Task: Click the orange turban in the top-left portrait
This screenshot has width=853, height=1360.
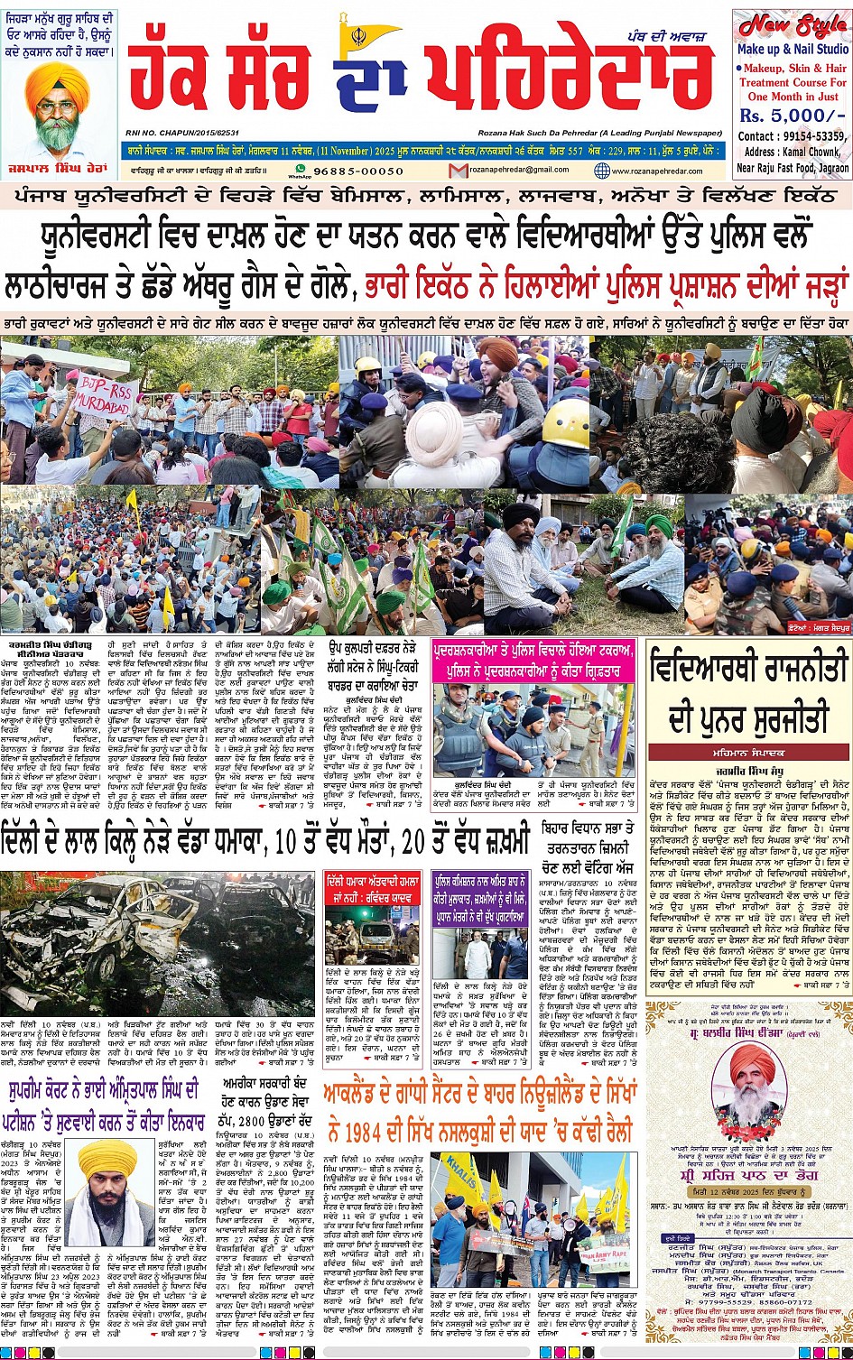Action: tap(57, 82)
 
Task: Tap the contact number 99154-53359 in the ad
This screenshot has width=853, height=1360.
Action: tap(806, 136)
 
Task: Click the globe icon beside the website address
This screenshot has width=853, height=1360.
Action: tap(602, 171)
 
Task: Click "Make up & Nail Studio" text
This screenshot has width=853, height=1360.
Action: tap(792, 49)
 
